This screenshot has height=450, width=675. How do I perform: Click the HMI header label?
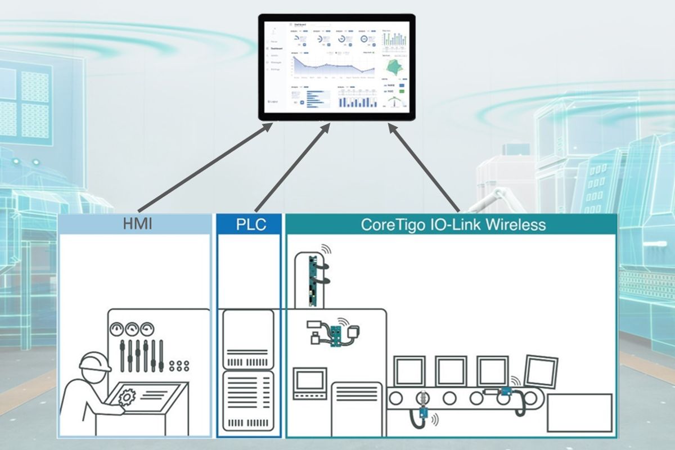click(x=137, y=225)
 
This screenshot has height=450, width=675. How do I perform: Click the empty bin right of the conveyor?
click(x=579, y=412)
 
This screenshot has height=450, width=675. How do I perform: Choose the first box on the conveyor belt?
click(x=409, y=371)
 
